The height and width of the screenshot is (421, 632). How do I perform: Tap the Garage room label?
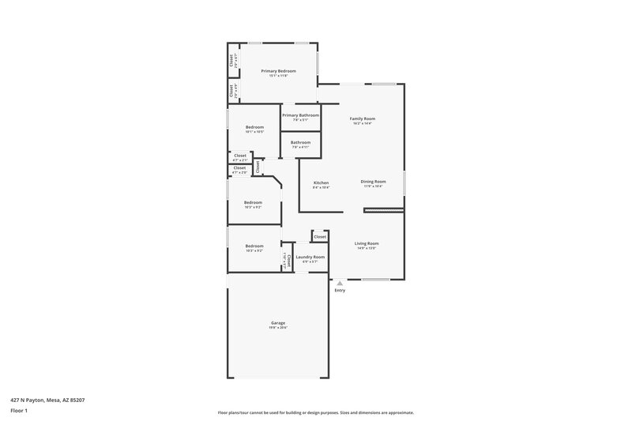click(277, 322)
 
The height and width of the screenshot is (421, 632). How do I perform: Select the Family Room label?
click(363, 118)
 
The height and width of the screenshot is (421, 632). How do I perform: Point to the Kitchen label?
click(321, 182)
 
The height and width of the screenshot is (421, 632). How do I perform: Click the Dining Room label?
click(373, 182)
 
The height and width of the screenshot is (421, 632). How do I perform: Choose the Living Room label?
click(367, 243)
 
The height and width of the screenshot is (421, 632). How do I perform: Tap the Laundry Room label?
click(310, 257)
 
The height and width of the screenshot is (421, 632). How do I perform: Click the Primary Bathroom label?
click(300, 115)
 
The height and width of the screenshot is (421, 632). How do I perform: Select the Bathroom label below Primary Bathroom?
click(300, 142)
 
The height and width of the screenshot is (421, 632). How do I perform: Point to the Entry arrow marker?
click(340, 282)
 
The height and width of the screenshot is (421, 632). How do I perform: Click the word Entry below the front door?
click(340, 291)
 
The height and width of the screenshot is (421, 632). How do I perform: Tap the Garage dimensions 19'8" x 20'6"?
click(277, 328)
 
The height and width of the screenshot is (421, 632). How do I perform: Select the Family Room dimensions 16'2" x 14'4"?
click(363, 124)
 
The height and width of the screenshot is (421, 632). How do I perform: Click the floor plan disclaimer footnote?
click(316, 412)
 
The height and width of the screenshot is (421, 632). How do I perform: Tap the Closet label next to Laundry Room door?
click(320, 236)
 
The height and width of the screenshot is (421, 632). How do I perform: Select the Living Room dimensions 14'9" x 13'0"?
click(367, 249)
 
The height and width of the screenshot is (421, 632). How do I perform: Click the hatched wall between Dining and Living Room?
click(383, 210)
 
